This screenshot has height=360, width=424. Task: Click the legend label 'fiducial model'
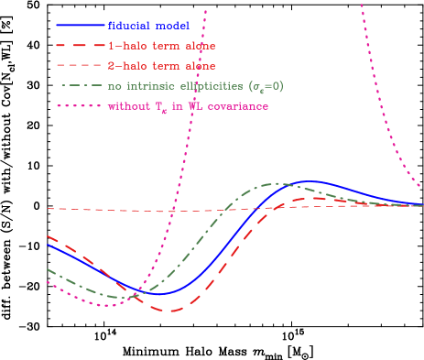[x=148, y=25]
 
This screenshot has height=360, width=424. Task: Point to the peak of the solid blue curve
[x=312, y=182]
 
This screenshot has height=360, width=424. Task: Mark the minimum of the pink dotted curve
[x=107, y=305]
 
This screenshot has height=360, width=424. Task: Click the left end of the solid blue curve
[x=48, y=245]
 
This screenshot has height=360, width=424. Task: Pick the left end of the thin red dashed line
[x=48, y=209]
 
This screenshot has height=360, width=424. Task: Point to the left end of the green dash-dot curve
[x=48, y=269]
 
